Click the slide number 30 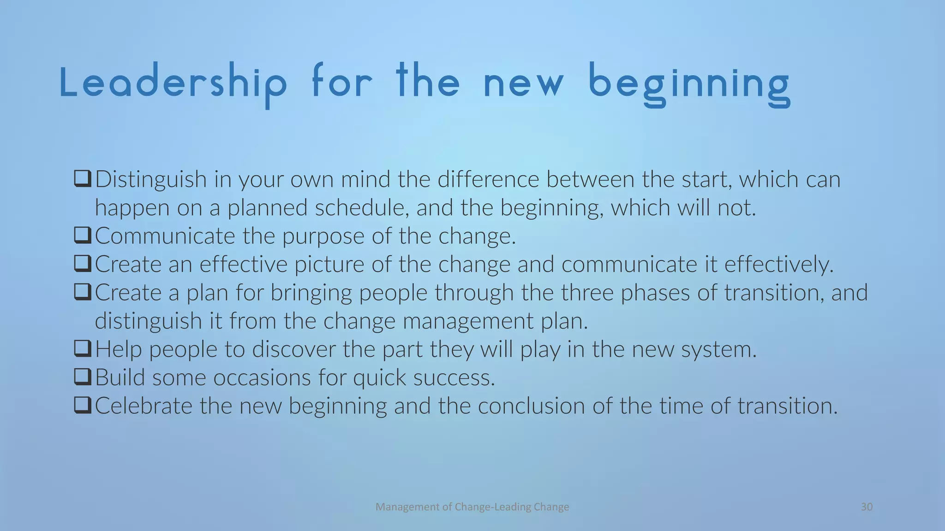(x=867, y=507)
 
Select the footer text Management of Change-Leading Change (x=472, y=507)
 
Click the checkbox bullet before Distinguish (x=83, y=179)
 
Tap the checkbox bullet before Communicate (x=83, y=236)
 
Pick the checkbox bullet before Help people (x=83, y=349)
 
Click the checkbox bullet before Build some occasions (x=83, y=378)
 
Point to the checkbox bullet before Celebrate (x=83, y=406)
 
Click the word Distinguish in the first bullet (x=151, y=179)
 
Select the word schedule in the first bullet (x=362, y=208)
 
